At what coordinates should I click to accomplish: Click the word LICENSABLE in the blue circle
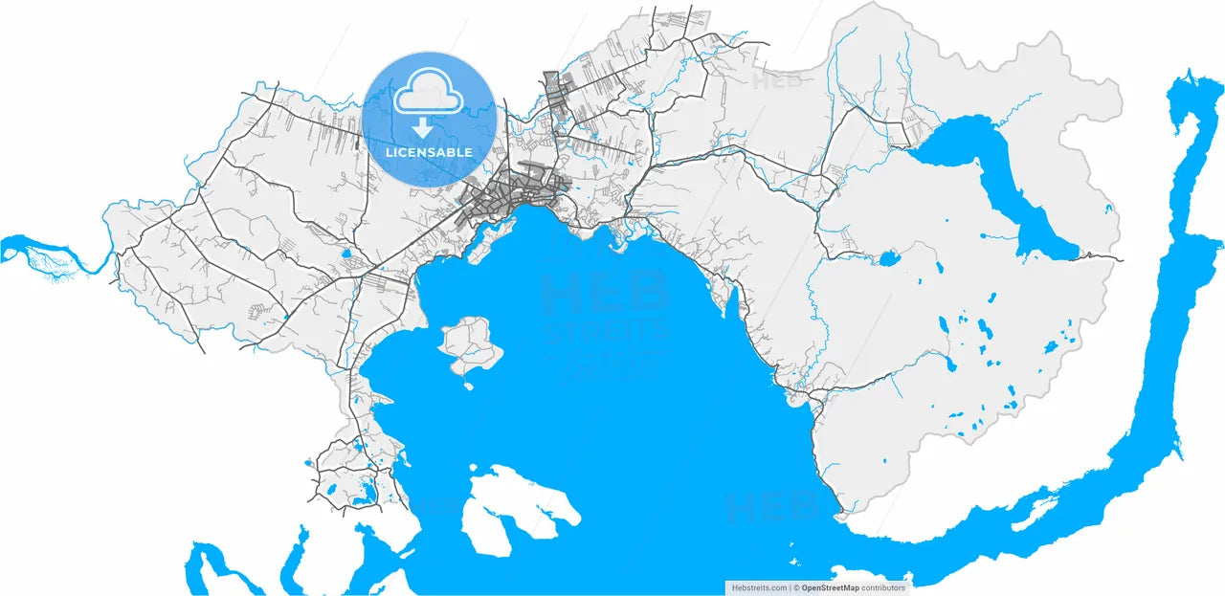[x=429, y=152]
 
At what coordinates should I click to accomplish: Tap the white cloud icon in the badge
[x=428, y=96]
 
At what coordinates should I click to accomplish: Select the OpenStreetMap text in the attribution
[x=829, y=587]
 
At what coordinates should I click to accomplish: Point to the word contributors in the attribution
[x=881, y=587]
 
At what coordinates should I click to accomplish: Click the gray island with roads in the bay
[x=471, y=343]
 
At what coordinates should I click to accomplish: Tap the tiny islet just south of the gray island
[x=469, y=386]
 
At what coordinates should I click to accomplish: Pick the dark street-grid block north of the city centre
[x=555, y=91]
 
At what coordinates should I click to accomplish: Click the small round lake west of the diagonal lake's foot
[x=888, y=258]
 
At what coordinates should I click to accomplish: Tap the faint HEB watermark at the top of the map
[x=777, y=81]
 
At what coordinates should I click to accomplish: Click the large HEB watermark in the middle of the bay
[x=605, y=292]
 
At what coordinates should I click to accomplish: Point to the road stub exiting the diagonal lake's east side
[x=1101, y=256]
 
